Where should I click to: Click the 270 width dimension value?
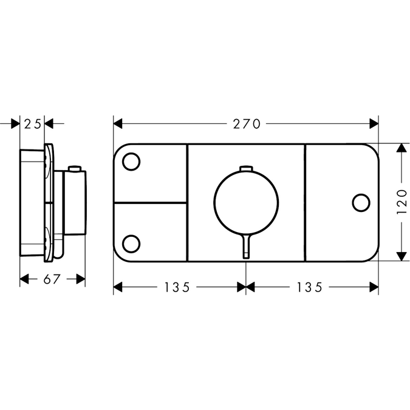(247, 124)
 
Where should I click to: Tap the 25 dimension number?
(33, 124)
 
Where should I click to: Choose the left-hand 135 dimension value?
(180, 287)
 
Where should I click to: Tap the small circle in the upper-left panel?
(131, 162)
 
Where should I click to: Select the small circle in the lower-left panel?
(131, 243)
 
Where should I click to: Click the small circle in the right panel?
(360, 202)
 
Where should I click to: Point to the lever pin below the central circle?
(245, 247)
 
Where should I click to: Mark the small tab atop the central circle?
(245, 168)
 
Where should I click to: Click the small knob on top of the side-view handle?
(75, 168)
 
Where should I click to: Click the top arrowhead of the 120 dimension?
(400, 148)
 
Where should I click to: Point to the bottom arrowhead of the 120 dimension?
(400, 256)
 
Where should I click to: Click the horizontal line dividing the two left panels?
(150, 202)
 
